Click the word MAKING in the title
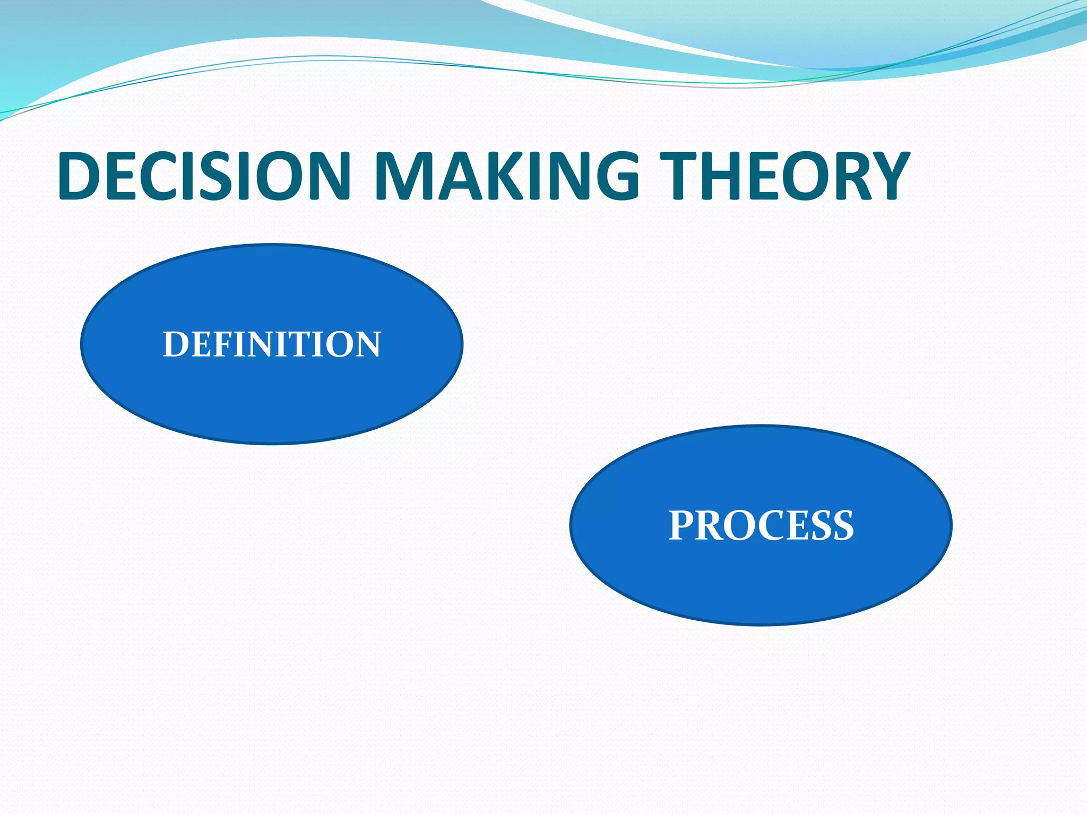tap(507, 176)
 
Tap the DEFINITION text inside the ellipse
tap(272, 344)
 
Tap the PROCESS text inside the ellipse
tap(761, 525)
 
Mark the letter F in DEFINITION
tap(217, 344)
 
